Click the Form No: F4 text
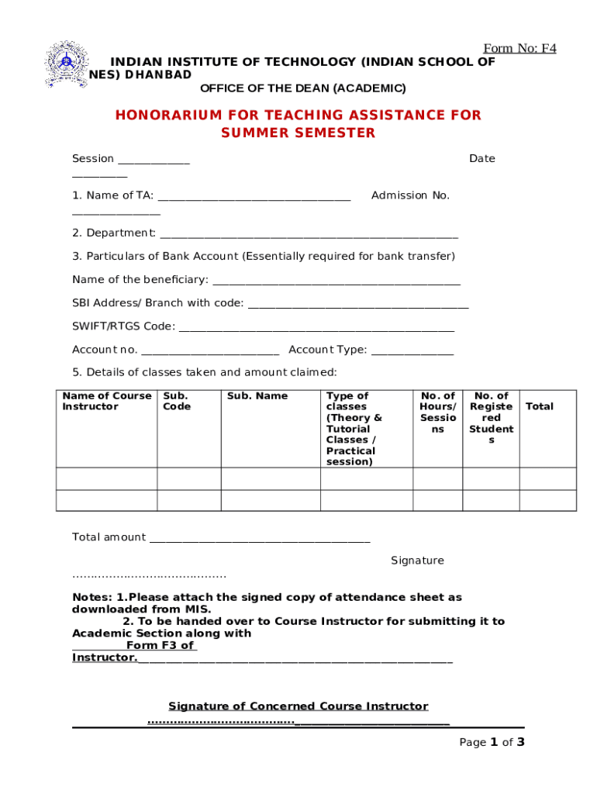[519, 48]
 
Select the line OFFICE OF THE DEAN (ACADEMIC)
[302, 88]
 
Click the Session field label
[93, 159]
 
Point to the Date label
[481, 159]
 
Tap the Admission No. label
[410, 195]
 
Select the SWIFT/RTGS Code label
[123, 326]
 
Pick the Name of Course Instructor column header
[107, 402]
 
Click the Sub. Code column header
[177, 402]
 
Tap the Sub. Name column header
[257, 396]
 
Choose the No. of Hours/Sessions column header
[437, 413]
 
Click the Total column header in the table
[540, 406]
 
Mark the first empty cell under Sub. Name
[271, 478]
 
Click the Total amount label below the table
[109, 537]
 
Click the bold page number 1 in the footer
[493, 742]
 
